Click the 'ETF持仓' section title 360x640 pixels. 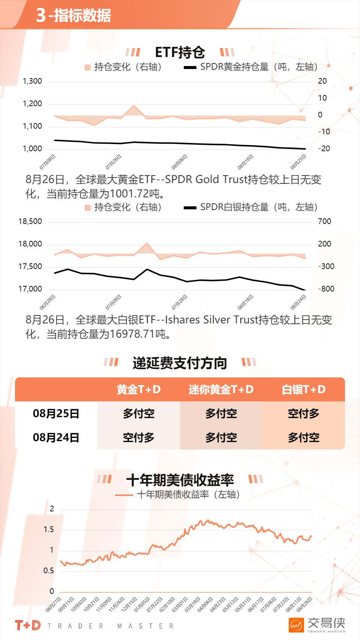180,53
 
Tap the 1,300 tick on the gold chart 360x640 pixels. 33,81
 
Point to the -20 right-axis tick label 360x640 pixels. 324,149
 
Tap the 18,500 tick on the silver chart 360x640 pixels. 30,221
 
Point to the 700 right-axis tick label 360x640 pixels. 324,221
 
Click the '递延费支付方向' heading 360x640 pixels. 180,363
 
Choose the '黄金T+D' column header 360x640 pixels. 138,389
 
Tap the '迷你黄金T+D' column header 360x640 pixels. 221,389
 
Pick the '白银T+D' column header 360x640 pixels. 303,389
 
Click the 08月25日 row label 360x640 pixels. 56,413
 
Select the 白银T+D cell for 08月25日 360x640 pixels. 303,413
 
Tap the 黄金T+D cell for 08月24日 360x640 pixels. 138,437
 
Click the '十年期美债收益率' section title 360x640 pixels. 180,480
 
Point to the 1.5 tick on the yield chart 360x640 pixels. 49,529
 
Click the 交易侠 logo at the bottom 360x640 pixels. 317,625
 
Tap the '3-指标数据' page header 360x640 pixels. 73,15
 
